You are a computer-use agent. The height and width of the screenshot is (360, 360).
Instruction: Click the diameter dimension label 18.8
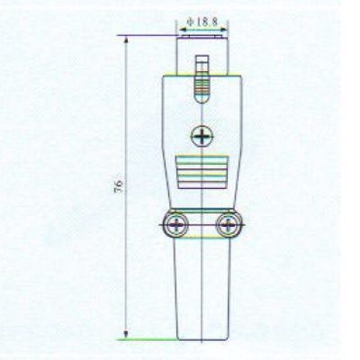(x=207, y=22)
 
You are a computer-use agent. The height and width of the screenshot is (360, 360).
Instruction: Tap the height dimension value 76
(x=119, y=186)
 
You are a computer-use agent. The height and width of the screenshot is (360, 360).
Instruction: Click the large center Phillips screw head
(x=202, y=137)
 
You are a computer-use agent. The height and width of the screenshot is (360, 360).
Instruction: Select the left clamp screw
(x=176, y=225)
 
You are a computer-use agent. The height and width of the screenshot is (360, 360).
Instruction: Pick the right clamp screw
(x=229, y=225)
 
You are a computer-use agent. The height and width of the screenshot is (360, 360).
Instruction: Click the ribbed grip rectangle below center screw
(x=202, y=172)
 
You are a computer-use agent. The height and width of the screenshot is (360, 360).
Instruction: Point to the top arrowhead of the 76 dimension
(x=126, y=40)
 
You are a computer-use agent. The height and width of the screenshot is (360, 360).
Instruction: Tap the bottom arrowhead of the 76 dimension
(x=126, y=334)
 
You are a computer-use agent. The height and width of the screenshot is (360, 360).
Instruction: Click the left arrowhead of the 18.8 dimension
(x=184, y=30)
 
